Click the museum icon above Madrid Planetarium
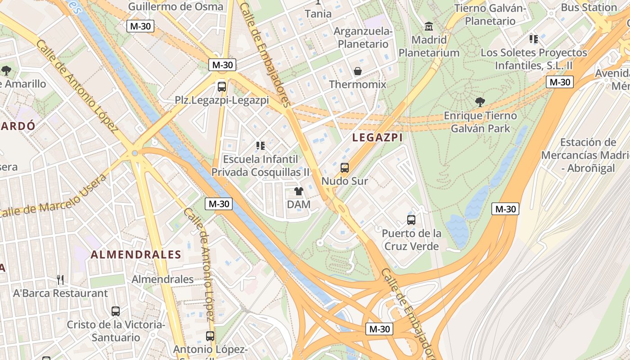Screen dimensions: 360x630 (428, 27)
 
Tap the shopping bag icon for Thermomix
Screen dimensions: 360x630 (358, 71)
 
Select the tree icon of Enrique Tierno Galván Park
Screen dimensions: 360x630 (480, 102)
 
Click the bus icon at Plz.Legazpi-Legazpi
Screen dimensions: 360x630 (222, 86)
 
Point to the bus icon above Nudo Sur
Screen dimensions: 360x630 (345, 168)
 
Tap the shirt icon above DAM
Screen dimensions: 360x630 (298, 191)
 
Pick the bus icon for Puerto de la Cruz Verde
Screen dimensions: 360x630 (411, 220)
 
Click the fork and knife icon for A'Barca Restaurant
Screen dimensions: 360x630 (60, 280)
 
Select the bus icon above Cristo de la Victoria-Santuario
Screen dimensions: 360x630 (116, 311)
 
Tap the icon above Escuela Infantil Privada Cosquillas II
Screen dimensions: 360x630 (261, 145)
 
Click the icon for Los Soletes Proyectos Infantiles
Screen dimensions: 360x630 (534, 39)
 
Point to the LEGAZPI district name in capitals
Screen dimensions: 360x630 (377, 138)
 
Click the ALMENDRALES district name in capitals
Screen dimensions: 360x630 (136, 255)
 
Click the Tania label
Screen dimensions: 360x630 (318, 13)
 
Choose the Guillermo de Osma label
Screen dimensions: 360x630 (175, 6)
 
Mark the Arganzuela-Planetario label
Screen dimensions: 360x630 (363, 38)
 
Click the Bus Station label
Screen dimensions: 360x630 (588, 7)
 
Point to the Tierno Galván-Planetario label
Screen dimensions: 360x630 (490, 14)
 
